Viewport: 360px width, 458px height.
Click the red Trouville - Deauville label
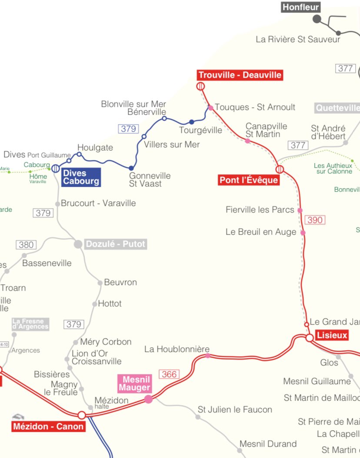tap(240, 75)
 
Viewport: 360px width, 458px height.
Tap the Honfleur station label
tap(301, 7)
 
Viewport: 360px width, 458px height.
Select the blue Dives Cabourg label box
tap(81, 177)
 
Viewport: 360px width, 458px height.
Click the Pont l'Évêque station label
tap(248, 180)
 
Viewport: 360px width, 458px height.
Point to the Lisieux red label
tap(332, 335)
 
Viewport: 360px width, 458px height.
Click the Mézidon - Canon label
tap(48, 426)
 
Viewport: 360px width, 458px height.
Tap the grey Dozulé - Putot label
tap(116, 244)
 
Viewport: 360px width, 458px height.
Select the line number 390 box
tap(315, 220)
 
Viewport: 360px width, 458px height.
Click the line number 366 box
tap(169, 374)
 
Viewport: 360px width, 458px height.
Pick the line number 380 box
tap(26, 245)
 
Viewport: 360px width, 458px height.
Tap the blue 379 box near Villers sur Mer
tap(129, 129)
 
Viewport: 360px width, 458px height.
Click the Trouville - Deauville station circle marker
tap(200, 86)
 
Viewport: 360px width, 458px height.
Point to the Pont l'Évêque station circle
tap(280, 169)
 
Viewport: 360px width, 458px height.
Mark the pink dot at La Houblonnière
tap(207, 355)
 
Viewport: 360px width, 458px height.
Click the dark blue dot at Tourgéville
tap(191, 122)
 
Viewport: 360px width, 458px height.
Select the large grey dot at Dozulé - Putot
tap(78, 244)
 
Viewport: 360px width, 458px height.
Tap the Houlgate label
tap(95, 148)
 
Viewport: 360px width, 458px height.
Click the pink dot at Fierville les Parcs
tap(300, 210)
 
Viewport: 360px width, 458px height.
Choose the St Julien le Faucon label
tap(235, 409)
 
